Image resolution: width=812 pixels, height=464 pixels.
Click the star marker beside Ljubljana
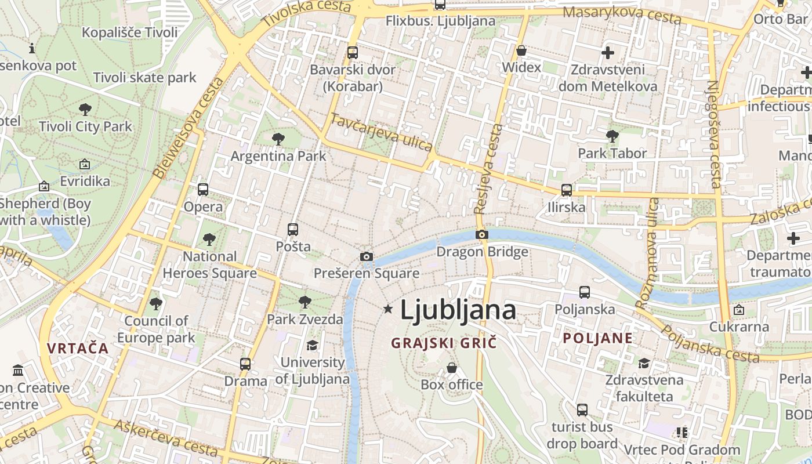pos(388,309)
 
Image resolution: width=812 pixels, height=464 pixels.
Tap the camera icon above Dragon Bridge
pos(482,235)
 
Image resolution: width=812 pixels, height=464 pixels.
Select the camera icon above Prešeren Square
pos(367,256)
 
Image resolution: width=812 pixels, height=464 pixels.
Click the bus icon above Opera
pos(203,189)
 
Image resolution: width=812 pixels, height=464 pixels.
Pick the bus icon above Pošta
pos(293,229)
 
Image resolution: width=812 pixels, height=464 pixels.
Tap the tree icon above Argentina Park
pos(278,139)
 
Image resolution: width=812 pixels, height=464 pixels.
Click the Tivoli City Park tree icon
pos(85,109)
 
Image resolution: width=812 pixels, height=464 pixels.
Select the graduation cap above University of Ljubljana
pos(313,346)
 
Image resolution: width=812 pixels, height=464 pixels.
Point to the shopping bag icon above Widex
pos(521,50)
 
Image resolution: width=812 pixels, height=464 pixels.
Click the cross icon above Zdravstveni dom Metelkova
pos(608,53)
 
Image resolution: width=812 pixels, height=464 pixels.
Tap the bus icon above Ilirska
pos(567,190)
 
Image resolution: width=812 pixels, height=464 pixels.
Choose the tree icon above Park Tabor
pos(612,136)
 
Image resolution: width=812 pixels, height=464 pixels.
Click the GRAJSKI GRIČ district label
pos(444,343)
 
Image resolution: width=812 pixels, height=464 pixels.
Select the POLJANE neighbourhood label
pos(598,338)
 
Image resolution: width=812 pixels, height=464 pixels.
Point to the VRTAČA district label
pos(78,348)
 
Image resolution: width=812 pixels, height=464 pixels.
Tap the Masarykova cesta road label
pos(622,14)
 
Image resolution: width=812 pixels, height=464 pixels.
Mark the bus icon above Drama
pos(245,364)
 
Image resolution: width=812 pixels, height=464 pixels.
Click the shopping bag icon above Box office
pos(452,368)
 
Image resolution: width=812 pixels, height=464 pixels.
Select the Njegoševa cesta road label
pos(713,135)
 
